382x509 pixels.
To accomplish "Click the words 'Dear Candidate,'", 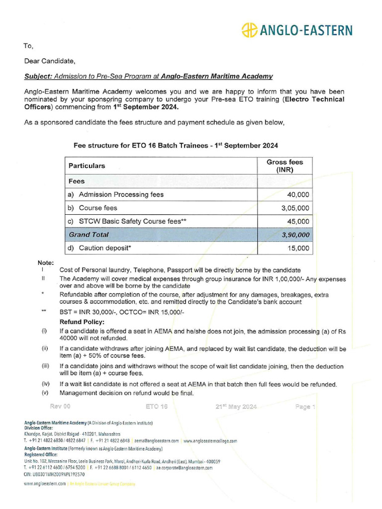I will pyautogui.click(x=50, y=62).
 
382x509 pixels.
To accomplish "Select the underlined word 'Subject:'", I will pyautogui.click(x=38, y=76).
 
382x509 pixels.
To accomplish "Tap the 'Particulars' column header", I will pyautogui.click(x=87, y=166).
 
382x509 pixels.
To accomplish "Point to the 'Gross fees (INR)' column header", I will pyautogui.click(x=285, y=166).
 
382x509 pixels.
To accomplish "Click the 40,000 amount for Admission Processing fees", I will pyautogui.click(x=298, y=195).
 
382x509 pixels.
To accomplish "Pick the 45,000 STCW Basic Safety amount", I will pyautogui.click(x=298, y=222).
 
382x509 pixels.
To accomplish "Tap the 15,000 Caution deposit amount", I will pyautogui.click(x=298, y=248).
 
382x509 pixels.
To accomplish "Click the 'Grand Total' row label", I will pyautogui.click(x=89, y=235).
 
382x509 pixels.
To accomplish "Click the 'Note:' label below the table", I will pyautogui.click(x=46, y=262).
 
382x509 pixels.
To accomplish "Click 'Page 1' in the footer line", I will pyautogui.click(x=305, y=407).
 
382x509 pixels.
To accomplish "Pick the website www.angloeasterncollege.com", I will pyautogui.click(x=210, y=440).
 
